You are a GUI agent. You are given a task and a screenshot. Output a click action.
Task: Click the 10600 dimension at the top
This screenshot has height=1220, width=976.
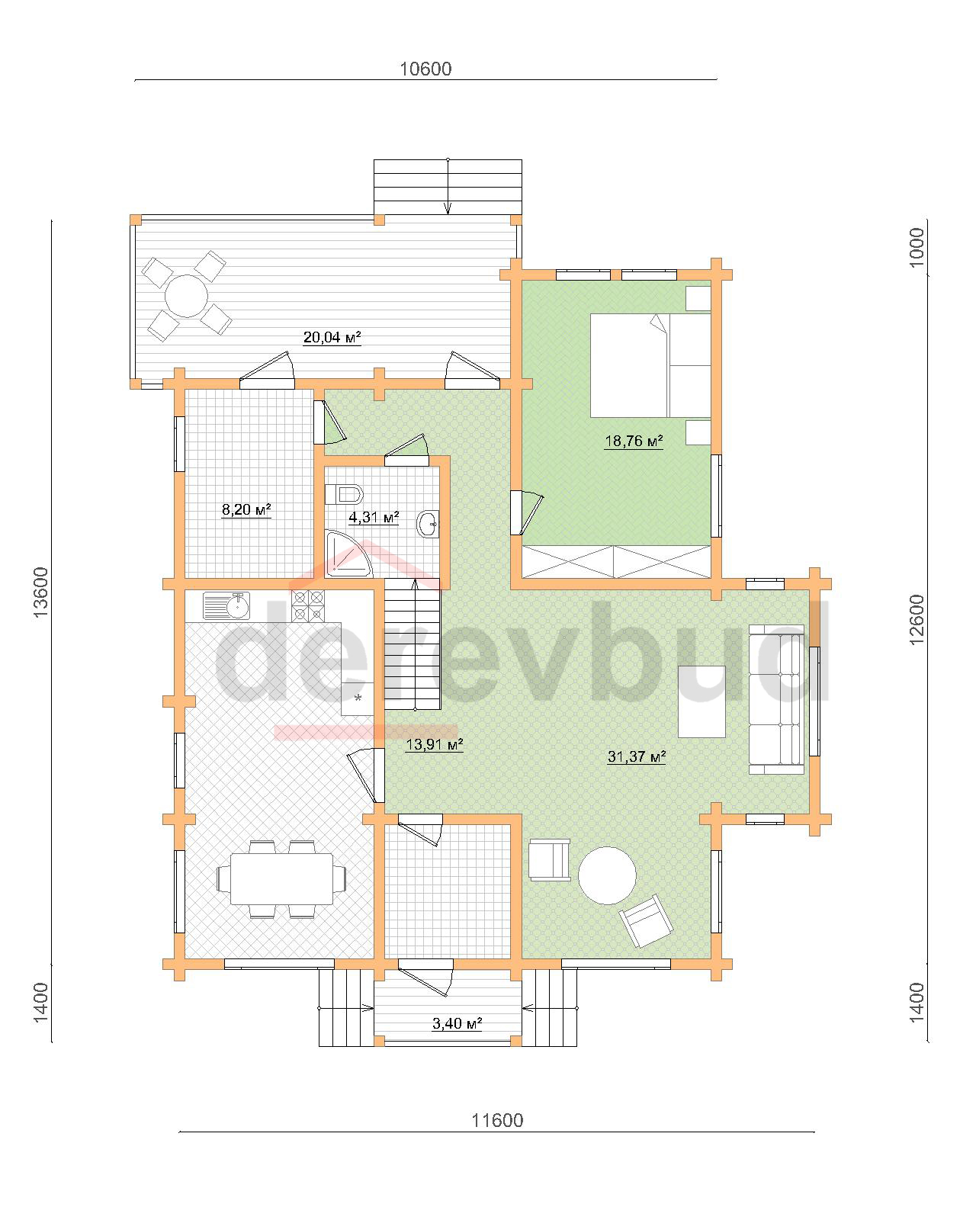coord(425,69)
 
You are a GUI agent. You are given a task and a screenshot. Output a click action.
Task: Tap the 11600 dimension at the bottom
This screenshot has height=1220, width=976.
coord(497,1120)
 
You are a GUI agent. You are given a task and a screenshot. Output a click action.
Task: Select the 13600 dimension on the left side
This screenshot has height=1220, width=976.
coord(41,592)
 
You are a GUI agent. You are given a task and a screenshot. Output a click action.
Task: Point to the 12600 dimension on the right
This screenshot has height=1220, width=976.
coord(917,620)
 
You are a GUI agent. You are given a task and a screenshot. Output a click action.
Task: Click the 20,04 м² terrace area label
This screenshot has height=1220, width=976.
coord(332,338)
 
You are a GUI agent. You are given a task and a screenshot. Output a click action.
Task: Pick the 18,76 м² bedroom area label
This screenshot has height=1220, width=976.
coord(634,441)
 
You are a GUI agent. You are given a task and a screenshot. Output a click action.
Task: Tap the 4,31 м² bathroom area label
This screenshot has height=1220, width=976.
coord(374,517)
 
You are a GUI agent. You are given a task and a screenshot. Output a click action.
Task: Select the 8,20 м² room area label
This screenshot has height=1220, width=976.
coord(246,509)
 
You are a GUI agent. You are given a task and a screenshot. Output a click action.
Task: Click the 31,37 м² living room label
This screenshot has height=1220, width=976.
coord(636,756)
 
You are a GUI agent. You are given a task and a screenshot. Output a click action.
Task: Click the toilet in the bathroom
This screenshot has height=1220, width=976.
coord(344,494)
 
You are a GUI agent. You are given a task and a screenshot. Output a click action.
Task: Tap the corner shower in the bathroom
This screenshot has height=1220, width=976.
coord(348,554)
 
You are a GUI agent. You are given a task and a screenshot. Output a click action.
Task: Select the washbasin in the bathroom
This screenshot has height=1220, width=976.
coord(427,524)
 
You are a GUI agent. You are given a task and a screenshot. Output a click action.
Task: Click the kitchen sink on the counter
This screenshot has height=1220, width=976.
coord(226,606)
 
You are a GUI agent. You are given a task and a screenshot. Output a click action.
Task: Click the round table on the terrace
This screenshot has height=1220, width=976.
coord(186,296)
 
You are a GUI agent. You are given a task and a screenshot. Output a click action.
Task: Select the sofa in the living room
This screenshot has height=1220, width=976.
coord(776,699)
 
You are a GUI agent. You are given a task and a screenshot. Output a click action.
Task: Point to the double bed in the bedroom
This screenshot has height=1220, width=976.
coord(650,366)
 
